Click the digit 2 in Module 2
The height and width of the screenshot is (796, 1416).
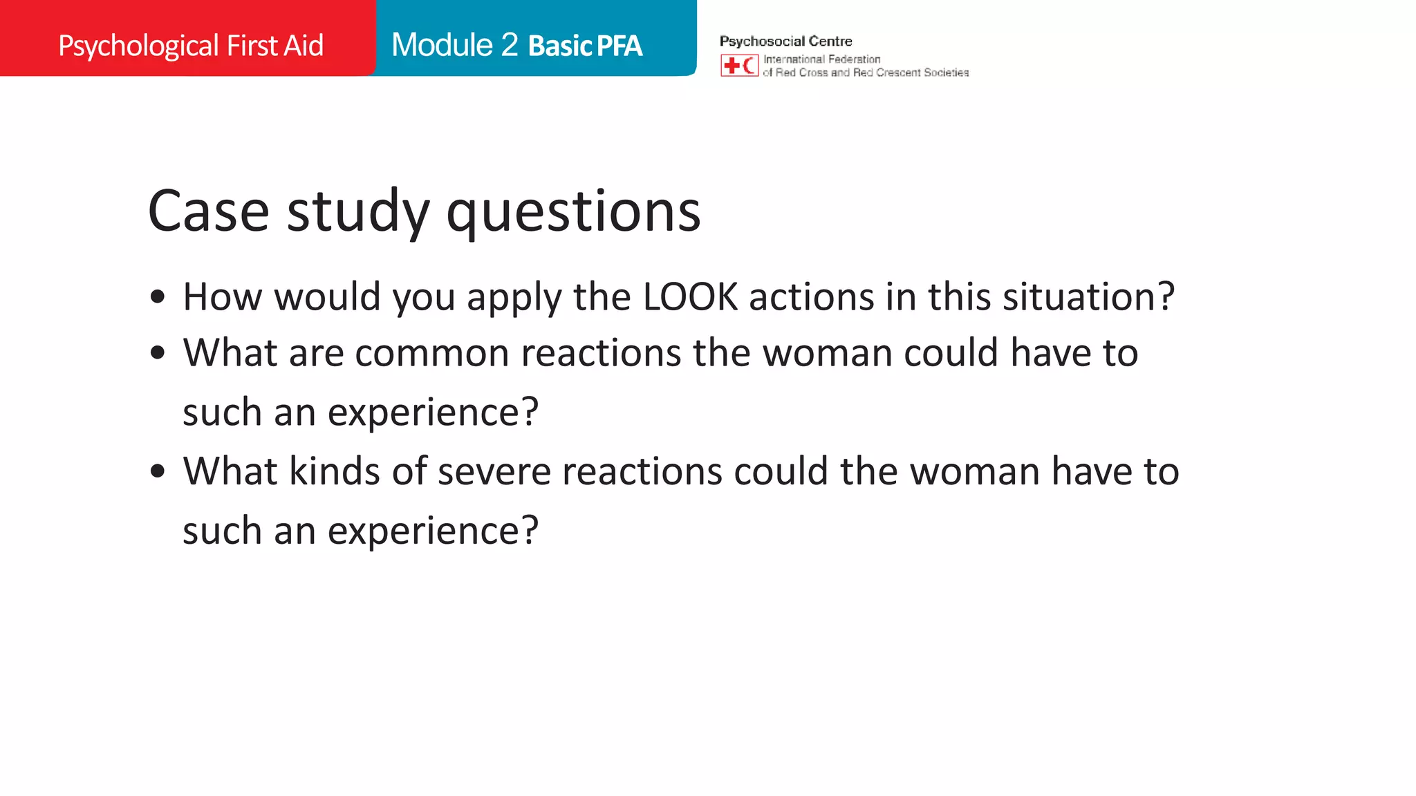click(x=510, y=45)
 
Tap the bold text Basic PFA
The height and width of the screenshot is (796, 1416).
click(x=585, y=46)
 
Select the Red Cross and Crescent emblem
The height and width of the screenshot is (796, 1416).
click(x=739, y=66)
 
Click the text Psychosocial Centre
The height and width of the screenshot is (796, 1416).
click(x=785, y=41)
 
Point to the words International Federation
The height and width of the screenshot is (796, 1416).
click(x=821, y=59)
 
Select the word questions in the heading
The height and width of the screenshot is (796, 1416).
click(x=573, y=212)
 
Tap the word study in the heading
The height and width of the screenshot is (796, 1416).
click(x=358, y=212)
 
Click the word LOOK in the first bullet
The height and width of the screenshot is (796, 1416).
click(x=690, y=297)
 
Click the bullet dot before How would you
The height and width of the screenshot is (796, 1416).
click(x=158, y=297)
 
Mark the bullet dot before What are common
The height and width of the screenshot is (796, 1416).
click(x=158, y=353)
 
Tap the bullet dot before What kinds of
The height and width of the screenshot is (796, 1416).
click(x=158, y=472)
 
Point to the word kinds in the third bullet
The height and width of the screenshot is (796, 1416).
click(x=335, y=472)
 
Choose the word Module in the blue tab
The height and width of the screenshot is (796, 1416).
click(x=442, y=45)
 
